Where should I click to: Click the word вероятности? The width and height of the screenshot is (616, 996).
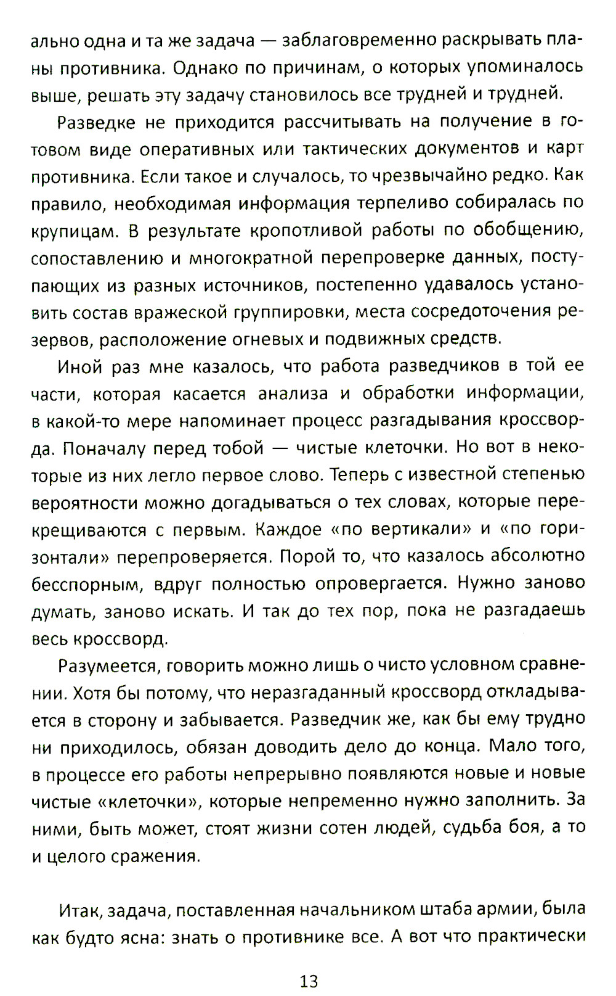click(x=84, y=503)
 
